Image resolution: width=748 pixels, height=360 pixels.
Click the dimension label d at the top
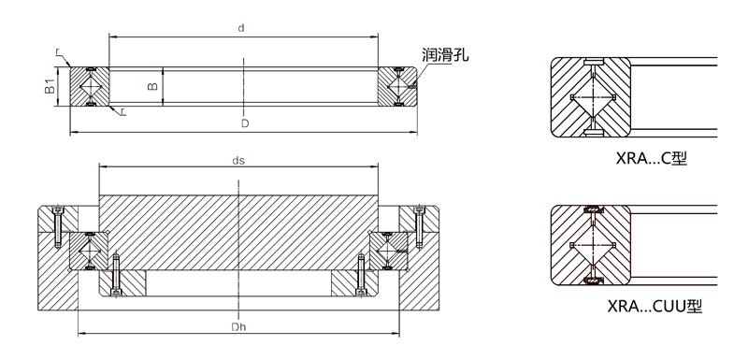(x=241, y=28)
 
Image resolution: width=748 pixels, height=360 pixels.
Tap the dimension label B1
(x=50, y=86)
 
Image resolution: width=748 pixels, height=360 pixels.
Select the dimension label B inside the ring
(x=152, y=86)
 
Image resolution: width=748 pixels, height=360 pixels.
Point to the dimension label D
(x=245, y=123)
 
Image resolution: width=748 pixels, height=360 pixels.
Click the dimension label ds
(x=238, y=160)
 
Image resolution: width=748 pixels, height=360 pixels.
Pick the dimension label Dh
(x=238, y=327)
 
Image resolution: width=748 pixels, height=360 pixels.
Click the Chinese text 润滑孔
(x=445, y=55)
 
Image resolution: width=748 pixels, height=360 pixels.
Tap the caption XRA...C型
(x=651, y=158)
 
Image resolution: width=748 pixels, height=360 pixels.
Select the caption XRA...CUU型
(x=654, y=306)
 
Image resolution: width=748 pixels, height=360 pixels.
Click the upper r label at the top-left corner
(x=57, y=51)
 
